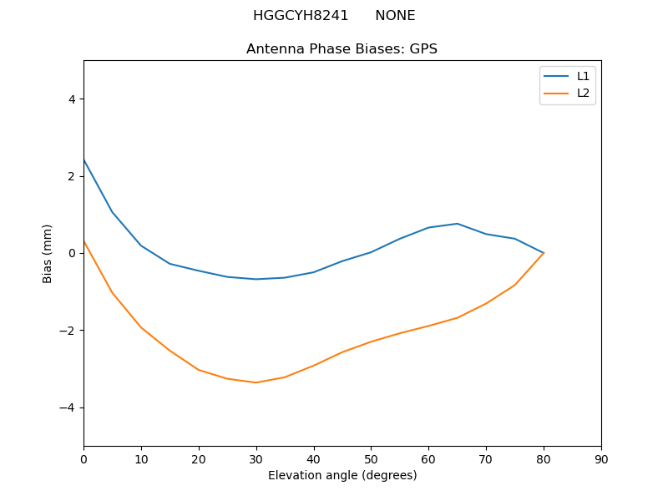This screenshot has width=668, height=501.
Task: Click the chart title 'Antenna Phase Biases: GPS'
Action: coord(342,49)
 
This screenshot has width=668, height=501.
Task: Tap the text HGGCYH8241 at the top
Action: coord(301,16)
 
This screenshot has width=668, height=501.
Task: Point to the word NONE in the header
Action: coord(395,16)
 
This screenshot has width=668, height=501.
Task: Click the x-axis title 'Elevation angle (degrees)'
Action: coord(342,475)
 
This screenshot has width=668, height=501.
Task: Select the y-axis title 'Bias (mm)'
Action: coord(48,253)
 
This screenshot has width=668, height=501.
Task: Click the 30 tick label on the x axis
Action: coord(256,458)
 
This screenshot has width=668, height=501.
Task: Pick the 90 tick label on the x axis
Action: coord(601,458)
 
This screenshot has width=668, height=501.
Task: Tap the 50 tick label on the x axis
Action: coord(372,458)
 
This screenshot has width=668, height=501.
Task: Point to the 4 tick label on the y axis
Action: coord(72,99)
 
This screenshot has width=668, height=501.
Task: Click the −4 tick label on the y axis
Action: coord(68,407)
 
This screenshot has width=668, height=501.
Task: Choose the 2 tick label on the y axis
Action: coord(72,176)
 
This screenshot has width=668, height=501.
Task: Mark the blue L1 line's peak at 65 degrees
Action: coord(458,224)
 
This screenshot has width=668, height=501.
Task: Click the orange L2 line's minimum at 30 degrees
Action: coord(256,382)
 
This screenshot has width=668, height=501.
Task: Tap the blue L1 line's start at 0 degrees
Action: coord(84,159)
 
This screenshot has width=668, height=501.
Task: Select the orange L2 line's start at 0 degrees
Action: coord(84,241)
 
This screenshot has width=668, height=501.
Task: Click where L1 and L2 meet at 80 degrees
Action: coord(544,253)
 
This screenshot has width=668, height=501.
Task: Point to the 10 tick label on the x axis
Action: coord(141,458)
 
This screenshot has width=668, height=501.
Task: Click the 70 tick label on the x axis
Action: coord(486,458)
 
